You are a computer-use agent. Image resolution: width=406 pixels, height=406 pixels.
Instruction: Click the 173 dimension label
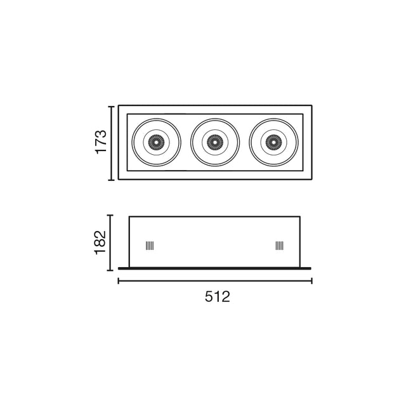pyautogui.click(x=100, y=143)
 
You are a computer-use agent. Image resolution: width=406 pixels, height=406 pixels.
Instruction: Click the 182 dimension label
pyautogui.click(x=100, y=242)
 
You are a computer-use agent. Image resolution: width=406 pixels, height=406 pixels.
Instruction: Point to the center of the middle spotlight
pyautogui.click(x=215, y=143)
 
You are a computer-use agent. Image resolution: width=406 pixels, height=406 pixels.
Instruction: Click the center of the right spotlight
pyautogui.click(x=274, y=143)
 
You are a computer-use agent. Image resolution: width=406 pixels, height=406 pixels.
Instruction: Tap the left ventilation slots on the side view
pyautogui.click(x=150, y=246)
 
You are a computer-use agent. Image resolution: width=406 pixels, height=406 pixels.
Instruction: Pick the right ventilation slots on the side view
pyautogui.click(x=279, y=246)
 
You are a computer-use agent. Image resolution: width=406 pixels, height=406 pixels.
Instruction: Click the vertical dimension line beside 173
pyautogui.click(x=112, y=143)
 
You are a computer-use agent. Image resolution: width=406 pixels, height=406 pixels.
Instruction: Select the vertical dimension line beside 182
pyautogui.click(x=112, y=242)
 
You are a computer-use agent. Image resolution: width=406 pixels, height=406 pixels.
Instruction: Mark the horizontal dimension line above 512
pyautogui.click(x=214, y=280)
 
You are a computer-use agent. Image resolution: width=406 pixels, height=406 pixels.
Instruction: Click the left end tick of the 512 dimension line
pyautogui.click(x=118, y=280)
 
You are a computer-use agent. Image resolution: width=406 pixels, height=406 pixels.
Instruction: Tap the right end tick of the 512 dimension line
pyautogui.click(x=311, y=280)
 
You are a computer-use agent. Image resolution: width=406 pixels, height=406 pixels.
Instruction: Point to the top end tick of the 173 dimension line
pyautogui.click(x=112, y=106)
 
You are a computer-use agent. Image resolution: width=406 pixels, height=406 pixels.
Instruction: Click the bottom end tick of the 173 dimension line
pyautogui.click(x=112, y=180)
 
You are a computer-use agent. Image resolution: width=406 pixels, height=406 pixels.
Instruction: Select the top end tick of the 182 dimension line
pyautogui.click(x=112, y=216)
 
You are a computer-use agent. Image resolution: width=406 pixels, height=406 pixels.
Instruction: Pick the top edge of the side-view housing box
pyautogui.click(x=214, y=216)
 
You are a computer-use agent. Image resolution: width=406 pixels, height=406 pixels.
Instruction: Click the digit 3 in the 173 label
pyautogui.click(x=100, y=133)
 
